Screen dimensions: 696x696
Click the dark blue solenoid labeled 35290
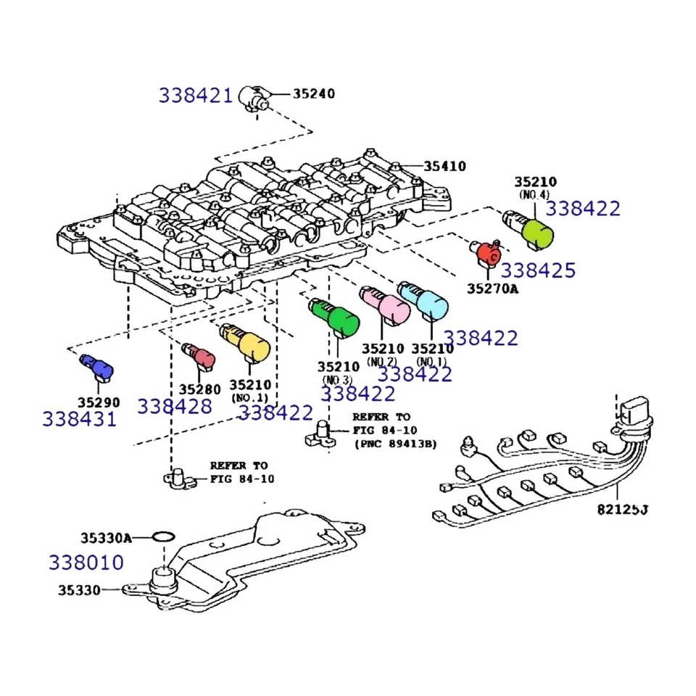point(97,366)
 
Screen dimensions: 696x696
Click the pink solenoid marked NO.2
point(385,305)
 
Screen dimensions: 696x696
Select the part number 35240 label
point(314,94)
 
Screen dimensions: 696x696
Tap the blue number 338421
point(196,95)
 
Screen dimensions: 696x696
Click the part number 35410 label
point(444,166)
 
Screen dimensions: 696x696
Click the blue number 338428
point(175,406)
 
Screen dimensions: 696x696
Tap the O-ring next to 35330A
point(164,537)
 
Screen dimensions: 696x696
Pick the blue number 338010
point(86,562)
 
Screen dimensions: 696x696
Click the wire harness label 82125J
point(622,509)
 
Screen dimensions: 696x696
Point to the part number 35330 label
point(80,590)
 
